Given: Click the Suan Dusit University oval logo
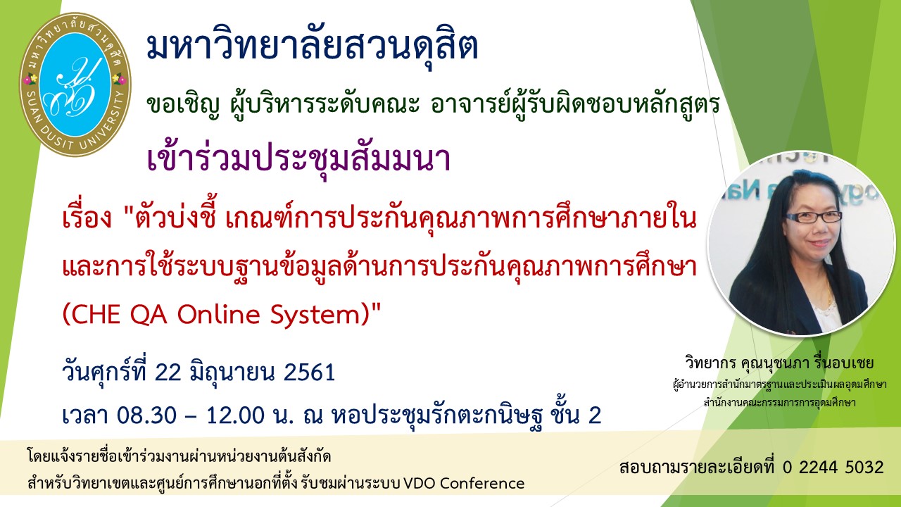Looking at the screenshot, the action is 75,84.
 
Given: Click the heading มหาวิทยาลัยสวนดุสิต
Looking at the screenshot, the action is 313,46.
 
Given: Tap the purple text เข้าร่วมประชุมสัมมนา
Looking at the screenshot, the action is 298,160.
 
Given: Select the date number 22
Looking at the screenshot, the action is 169,373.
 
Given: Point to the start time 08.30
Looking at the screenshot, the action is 146,415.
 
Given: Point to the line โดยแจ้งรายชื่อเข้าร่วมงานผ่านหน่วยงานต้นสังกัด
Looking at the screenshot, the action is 179,458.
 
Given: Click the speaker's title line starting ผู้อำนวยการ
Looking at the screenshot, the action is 779,384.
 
